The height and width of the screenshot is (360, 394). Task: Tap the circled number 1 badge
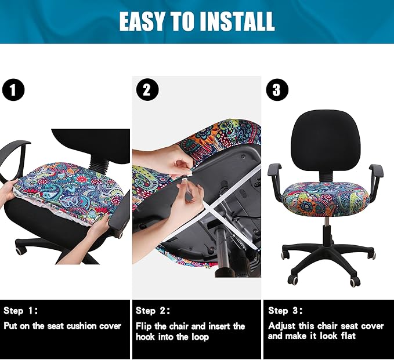[x=13, y=90]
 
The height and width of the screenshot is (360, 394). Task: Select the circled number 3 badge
[x=276, y=90]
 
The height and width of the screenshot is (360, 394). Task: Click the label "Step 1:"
[x=21, y=311]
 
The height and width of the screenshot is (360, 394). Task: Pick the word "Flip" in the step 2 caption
[x=144, y=326]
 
